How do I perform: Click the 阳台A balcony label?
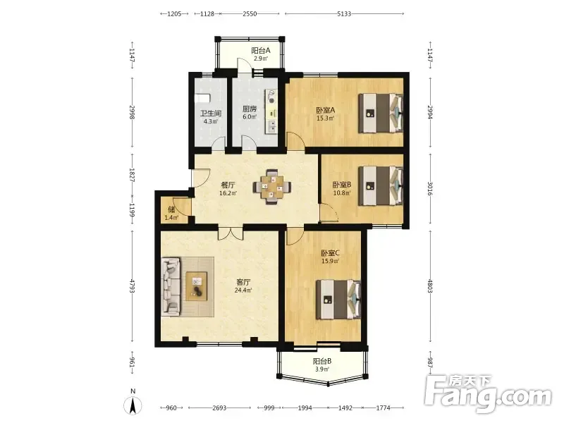pos(261,51)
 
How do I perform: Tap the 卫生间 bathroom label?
pos(211,114)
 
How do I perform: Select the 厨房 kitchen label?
pos(250,109)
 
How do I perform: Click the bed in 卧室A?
pos(381,114)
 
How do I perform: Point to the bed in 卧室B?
pos(381,185)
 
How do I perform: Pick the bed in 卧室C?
pos(338,299)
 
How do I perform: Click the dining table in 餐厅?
pos(272,187)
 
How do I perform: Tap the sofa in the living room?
pos(171,286)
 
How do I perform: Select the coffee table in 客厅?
pos(197,286)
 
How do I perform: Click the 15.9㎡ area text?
pos(330,261)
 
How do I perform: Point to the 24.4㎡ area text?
pos(243,290)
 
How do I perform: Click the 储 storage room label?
pos(171,209)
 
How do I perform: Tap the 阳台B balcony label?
pos(322,361)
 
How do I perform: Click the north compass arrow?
pos(133,406)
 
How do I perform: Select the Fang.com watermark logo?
pos(488,394)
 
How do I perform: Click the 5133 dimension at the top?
pos(344,13)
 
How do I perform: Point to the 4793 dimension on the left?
pos(132,286)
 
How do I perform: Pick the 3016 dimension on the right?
pos(430,188)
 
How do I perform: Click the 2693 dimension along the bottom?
pos(219,408)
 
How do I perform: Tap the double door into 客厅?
pos(231,233)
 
